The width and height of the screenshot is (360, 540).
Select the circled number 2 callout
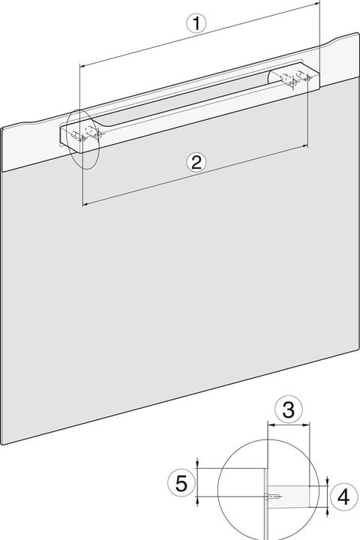coord(195,162)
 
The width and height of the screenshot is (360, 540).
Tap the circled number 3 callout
coord(288,410)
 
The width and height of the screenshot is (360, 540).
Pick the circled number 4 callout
coord(342,496)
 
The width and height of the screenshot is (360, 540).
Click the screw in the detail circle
coord(275,495)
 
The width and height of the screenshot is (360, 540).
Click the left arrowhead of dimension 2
coord(85,202)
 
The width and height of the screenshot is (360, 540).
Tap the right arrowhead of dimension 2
coord(306,147)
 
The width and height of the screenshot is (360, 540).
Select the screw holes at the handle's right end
coord(292,77)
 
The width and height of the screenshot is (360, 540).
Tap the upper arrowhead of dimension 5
coord(197,467)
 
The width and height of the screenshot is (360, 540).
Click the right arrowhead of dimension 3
coord(307,426)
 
